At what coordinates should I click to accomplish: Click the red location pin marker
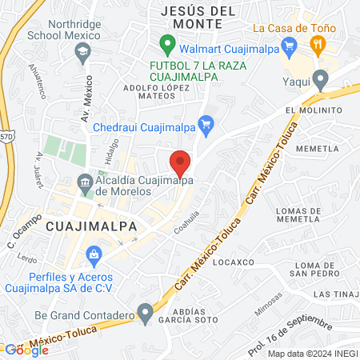tap(181, 164)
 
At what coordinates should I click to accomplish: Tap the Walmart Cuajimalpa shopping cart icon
tap(167, 42)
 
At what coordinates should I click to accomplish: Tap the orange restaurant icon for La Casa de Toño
tap(317, 45)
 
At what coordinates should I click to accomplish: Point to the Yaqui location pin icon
tap(321, 80)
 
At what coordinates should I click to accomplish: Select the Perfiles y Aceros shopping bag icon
tap(94, 257)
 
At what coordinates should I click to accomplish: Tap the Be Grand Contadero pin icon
tap(145, 311)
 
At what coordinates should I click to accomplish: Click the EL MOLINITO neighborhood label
tap(306, 110)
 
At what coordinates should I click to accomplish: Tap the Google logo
tap(26, 350)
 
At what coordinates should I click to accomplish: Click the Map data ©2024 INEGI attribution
tap(312, 353)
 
